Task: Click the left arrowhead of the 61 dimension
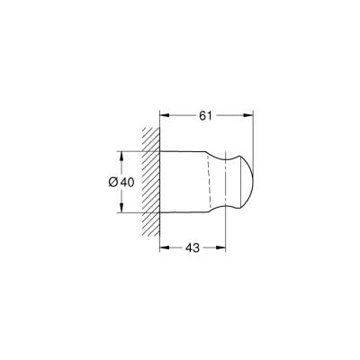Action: (163, 114)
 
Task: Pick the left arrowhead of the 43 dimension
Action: (163, 245)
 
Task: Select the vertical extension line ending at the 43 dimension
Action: (221, 229)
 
